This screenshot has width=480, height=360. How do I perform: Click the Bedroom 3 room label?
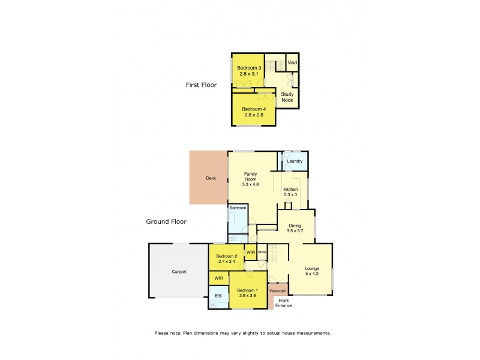249,68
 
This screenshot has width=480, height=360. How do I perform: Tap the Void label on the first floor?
292,63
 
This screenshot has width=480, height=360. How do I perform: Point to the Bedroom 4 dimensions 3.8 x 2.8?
253,115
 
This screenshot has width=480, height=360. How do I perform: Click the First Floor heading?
201,85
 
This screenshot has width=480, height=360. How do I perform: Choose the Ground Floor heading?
166,221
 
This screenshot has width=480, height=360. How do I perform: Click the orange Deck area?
208,178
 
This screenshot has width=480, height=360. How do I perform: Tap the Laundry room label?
295,161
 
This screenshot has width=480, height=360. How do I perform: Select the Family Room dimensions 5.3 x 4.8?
251,184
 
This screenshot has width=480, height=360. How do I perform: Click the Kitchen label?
291,189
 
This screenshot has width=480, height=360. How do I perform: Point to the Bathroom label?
238,208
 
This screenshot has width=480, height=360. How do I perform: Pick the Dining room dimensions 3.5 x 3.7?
295,231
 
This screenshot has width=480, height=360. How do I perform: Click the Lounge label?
312,268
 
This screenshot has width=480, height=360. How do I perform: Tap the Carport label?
179,272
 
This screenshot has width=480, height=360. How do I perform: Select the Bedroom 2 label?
227,256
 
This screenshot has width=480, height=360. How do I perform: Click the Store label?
262,253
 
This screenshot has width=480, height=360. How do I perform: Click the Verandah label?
278,290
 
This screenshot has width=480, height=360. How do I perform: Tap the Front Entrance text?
283,303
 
